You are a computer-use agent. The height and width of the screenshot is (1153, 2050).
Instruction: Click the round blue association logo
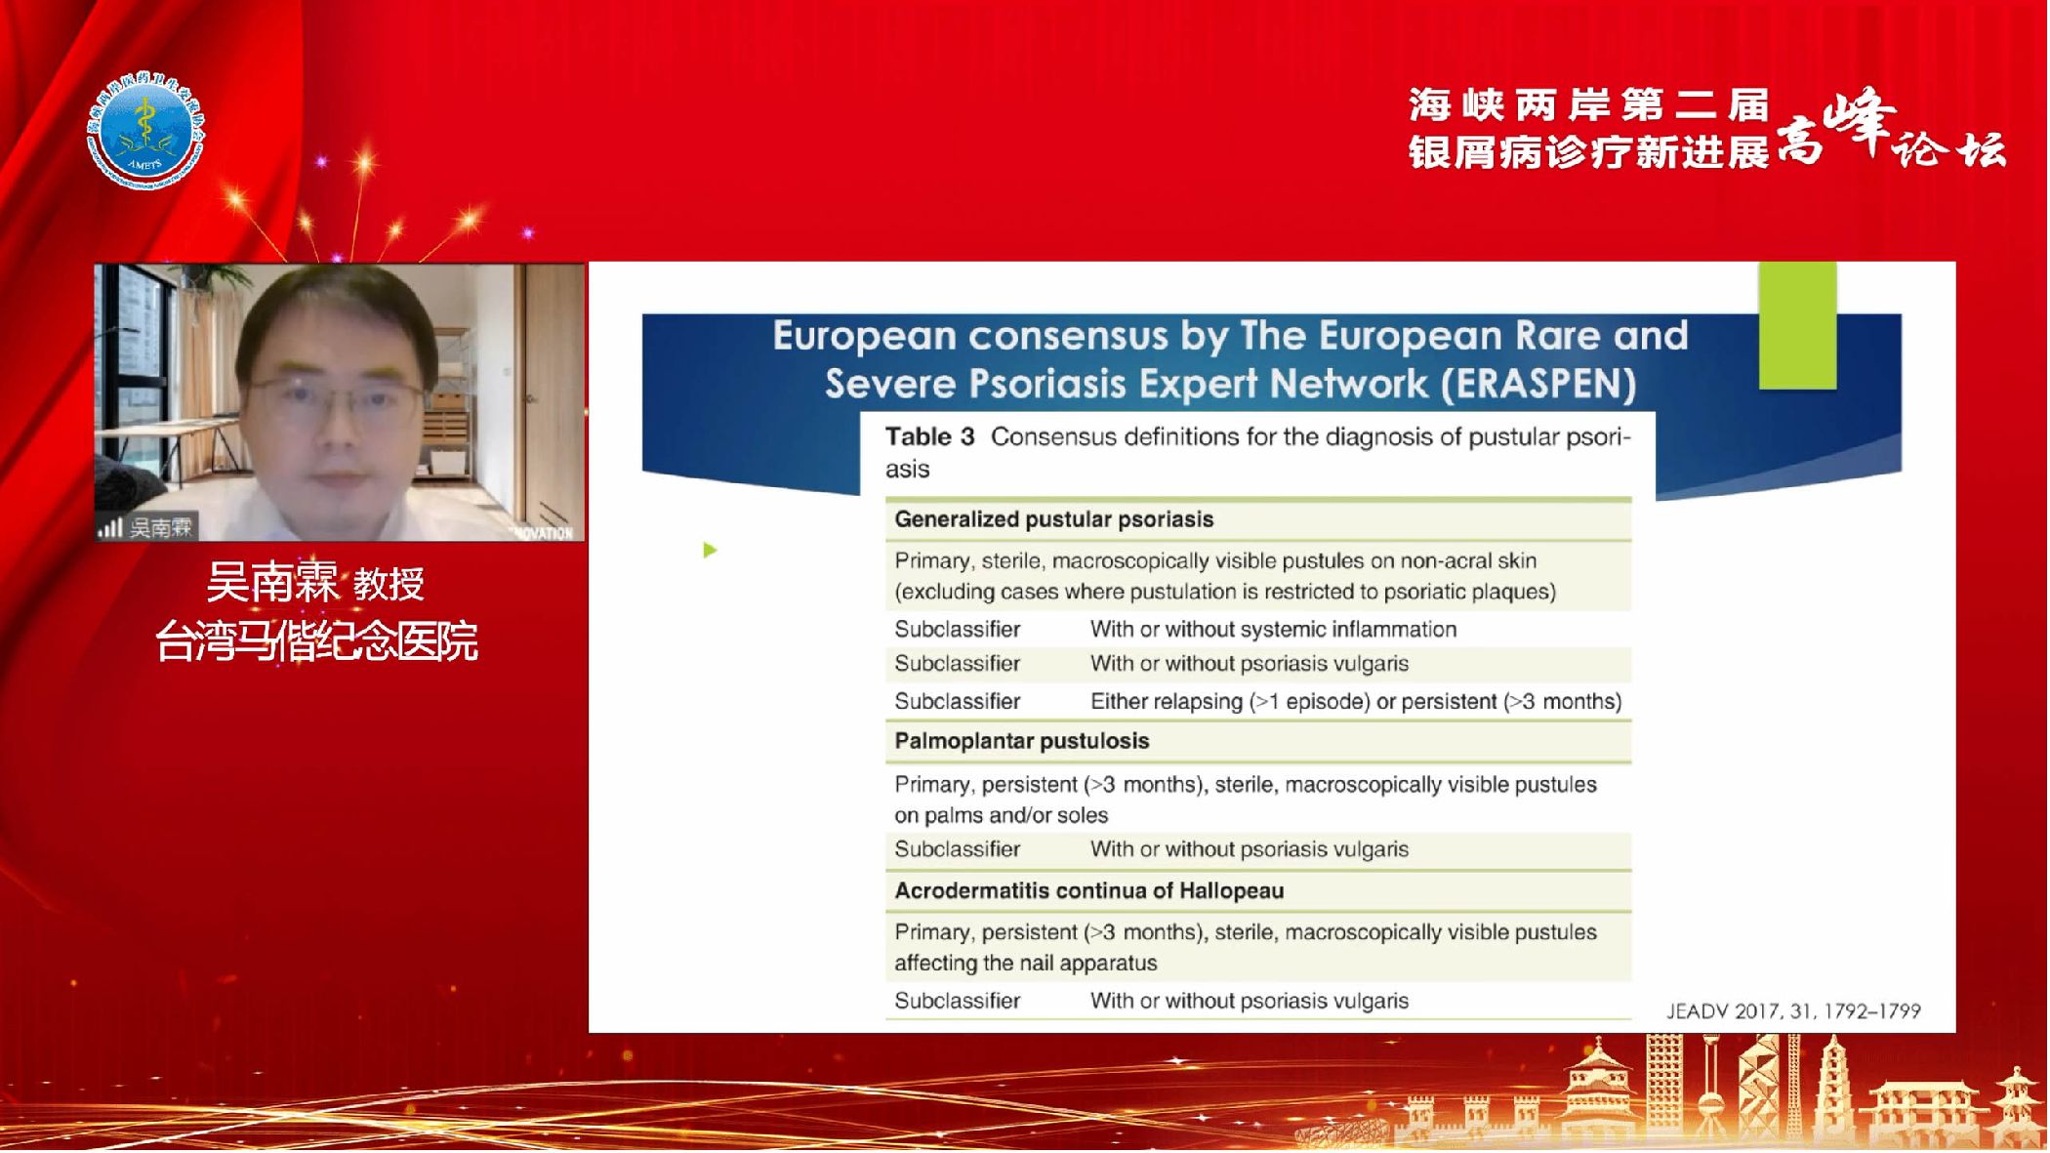click(146, 131)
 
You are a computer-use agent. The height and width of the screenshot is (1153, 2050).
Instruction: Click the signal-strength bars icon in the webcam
click(109, 528)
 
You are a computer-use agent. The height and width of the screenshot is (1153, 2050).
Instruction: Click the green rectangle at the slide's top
click(1798, 325)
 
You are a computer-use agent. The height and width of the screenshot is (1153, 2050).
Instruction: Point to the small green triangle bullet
click(711, 551)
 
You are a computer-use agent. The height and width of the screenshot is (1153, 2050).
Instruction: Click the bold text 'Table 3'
click(929, 436)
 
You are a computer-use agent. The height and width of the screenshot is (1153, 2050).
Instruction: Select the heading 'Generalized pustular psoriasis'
click(1054, 519)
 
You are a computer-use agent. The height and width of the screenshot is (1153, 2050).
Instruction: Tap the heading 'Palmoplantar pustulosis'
click(1022, 741)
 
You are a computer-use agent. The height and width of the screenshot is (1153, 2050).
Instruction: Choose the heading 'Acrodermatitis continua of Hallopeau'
click(1089, 890)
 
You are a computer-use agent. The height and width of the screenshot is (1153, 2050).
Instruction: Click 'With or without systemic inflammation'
click(1273, 630)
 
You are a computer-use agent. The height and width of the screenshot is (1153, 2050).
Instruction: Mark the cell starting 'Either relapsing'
click(1356, 701)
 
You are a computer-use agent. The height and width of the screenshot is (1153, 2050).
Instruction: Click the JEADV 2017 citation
click(1793, 1011)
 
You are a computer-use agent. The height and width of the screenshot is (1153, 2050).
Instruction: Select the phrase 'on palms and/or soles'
click(1002, 815)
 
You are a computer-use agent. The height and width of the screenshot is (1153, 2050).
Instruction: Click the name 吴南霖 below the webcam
click(272, 584)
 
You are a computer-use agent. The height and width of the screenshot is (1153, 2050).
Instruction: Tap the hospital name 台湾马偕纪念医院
click(317, 641)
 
